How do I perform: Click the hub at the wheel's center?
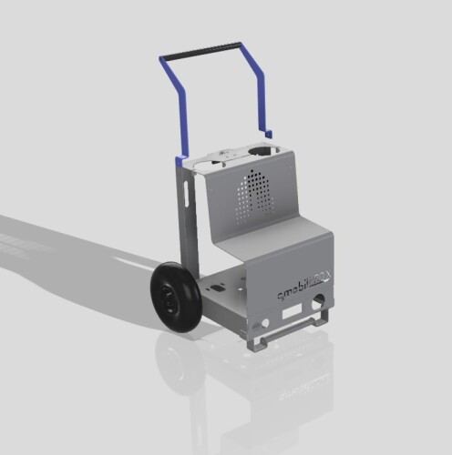[169, 299]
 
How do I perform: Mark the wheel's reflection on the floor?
[178, 364]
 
